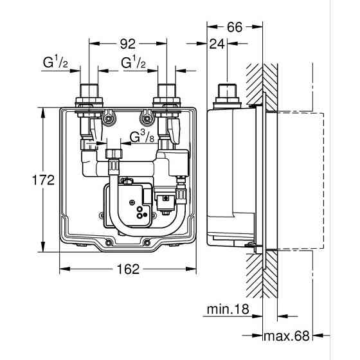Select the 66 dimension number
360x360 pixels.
(235, 27)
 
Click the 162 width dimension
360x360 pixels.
(129, 269)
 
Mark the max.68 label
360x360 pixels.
(287, 336)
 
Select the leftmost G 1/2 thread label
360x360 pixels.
(55, 63)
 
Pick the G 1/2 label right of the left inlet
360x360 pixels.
(133, 63)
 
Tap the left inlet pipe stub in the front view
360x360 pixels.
(88, 91)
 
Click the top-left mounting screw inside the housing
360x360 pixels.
(109, 118)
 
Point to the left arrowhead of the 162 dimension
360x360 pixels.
(62, 269)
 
